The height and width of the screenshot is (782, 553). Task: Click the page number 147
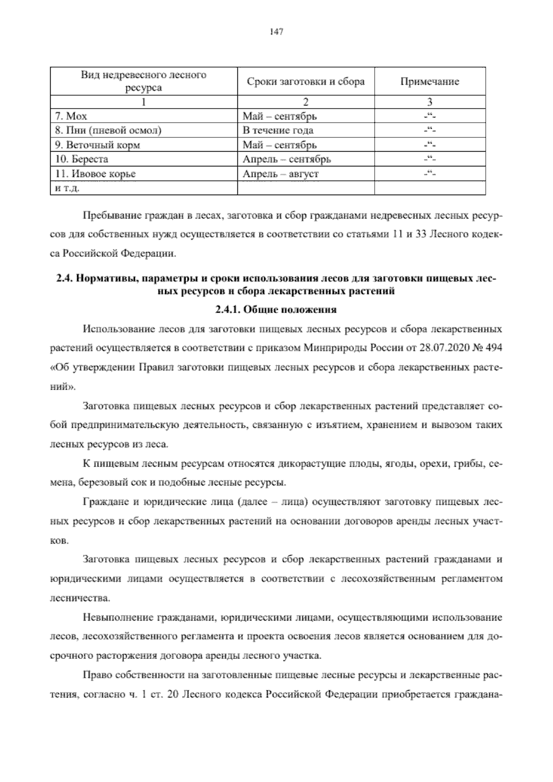276,32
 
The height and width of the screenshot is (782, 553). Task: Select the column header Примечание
429,82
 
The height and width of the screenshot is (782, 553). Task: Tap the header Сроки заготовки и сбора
306,82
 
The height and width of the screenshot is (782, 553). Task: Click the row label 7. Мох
71,116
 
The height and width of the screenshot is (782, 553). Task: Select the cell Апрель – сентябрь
287,160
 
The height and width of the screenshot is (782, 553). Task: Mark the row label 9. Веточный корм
97,145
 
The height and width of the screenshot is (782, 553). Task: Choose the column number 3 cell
429,102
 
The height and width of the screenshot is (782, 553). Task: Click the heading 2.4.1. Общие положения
276,310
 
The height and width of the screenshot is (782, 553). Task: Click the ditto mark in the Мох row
429,116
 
